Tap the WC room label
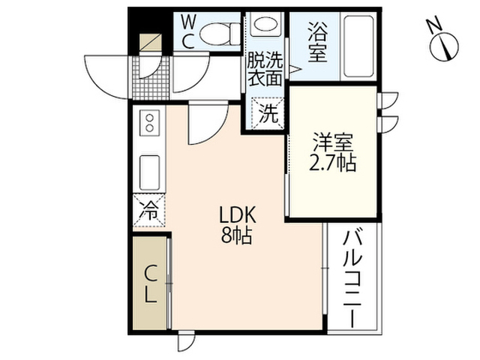190,31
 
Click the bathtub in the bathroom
358,46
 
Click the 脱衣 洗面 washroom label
265,69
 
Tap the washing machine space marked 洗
268,113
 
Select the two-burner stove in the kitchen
150,122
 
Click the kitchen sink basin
150,172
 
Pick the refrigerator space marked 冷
149,210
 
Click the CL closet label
150,284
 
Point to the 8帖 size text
237,235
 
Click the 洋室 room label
333,142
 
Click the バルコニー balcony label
352,280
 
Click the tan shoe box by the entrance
150,42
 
